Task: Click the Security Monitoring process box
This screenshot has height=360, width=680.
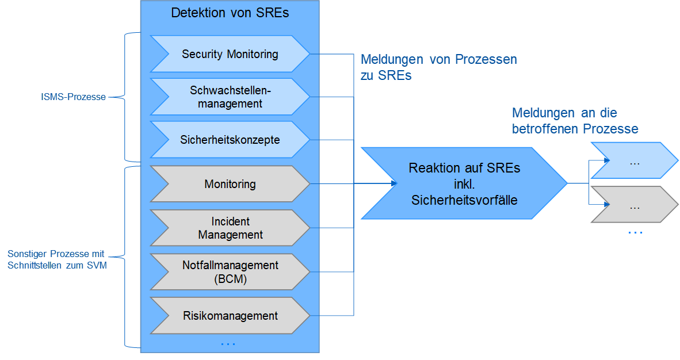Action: point(230,54)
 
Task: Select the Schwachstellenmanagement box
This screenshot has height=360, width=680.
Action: point(230,97)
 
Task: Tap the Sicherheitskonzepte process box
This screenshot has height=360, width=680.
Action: point(230,140)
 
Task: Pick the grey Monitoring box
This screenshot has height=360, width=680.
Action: point(230,184)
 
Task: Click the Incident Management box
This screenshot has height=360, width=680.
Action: point(230,228)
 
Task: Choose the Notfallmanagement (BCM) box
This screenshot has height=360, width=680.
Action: point(230,272)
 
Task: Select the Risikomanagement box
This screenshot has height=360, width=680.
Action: point(230,316)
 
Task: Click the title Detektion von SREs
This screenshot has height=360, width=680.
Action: point(230,13)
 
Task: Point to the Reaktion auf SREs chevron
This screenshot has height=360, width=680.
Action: point(464,184)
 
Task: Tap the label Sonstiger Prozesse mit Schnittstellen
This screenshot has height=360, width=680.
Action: point(57,259)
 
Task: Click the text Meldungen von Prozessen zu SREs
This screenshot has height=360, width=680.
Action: point(438,67)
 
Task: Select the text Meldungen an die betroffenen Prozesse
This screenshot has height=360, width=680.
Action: point(575,121)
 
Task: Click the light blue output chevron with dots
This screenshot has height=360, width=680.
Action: point(635,162)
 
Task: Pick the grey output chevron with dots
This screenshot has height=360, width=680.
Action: point(635,205)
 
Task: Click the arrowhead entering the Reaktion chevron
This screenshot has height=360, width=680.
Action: point(395,184)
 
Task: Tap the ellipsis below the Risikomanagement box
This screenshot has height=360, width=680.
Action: point(228,344)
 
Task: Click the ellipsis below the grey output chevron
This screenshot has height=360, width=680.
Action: point(635,232)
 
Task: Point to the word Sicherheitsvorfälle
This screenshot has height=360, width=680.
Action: point(464,200)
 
